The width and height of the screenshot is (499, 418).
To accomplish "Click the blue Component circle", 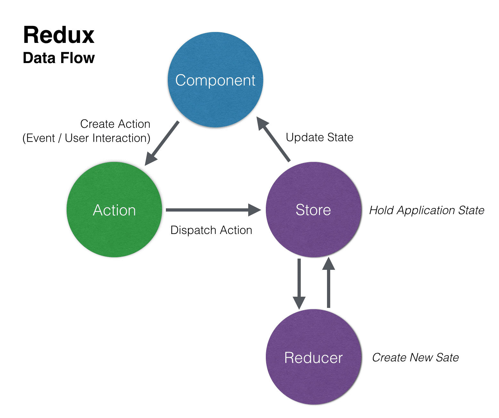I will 216,80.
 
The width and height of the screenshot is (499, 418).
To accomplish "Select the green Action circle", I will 114,210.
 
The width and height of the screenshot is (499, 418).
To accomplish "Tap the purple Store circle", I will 314,210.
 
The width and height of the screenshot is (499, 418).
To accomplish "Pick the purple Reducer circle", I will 314,357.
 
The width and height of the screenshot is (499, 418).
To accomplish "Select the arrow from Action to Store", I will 213,210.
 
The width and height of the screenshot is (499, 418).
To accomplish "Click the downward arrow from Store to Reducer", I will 299,284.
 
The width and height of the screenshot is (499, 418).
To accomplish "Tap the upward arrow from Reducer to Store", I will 328,283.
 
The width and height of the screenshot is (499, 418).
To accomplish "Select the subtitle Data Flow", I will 59,58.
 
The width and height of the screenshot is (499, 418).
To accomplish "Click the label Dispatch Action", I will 211,230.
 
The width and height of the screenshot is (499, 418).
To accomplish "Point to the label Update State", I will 319,137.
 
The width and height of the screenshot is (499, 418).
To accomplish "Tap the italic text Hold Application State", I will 426,210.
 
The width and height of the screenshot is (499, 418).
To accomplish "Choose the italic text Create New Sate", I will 415,357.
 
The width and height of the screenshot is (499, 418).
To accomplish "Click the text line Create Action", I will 115,124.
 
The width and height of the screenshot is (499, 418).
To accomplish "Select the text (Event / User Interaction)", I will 86,138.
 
